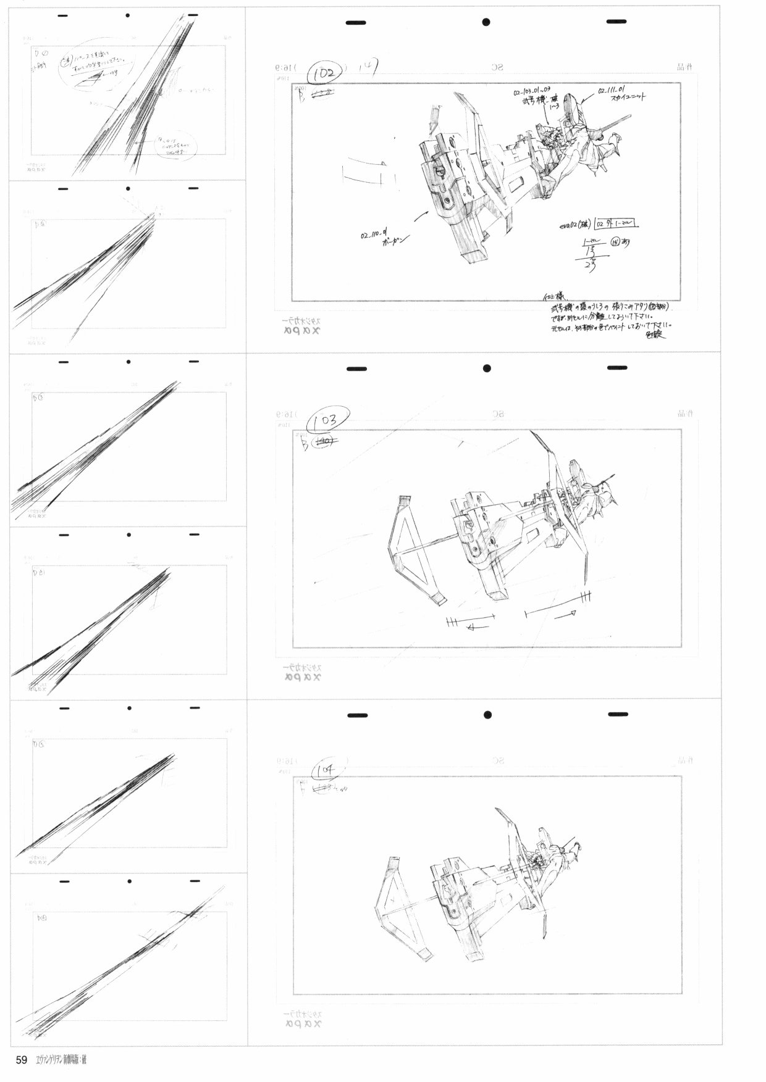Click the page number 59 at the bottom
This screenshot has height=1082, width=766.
22,1060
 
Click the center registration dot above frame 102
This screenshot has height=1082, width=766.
486,22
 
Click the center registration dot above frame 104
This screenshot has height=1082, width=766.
487,715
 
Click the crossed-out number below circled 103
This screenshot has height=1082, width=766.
324,441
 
